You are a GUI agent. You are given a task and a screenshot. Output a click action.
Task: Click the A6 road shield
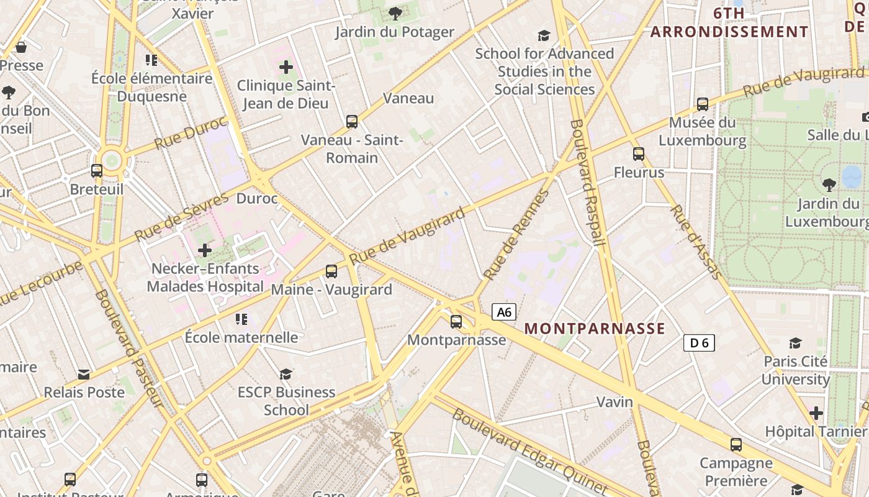(504, 312)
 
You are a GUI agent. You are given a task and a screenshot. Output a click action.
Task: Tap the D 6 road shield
(699, 342)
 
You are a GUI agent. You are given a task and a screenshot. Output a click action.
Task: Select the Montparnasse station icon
(456, 321)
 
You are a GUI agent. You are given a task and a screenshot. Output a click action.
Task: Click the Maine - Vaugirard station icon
(331, 271)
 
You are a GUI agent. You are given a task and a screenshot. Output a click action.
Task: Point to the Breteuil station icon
(97, 170)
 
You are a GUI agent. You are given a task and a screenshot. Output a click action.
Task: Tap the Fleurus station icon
(639, 153)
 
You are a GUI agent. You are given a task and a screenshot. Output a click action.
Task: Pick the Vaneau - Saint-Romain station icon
(352, 121)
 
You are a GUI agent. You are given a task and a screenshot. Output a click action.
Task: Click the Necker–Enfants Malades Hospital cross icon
(205, 250)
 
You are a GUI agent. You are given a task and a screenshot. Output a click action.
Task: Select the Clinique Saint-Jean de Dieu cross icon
(286, 67)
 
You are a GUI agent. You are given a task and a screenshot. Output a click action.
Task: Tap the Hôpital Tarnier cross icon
(816, 413)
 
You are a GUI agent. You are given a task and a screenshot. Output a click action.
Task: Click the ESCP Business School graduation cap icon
(286, 373)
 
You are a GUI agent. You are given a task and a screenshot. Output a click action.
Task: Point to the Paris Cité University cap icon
(795, 343)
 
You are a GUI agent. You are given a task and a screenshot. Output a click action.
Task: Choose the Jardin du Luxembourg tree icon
(829, 185)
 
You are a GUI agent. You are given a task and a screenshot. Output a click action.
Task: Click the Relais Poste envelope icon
(84, 374)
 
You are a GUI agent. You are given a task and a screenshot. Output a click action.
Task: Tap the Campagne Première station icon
(736, 444)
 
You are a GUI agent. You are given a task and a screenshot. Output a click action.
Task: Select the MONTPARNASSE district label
(595, 329)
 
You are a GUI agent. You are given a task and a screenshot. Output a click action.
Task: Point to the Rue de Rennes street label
(516, 235)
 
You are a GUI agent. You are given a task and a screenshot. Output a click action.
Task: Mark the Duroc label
(257, 199)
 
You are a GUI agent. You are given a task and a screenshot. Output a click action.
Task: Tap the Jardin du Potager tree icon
(395, 13)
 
